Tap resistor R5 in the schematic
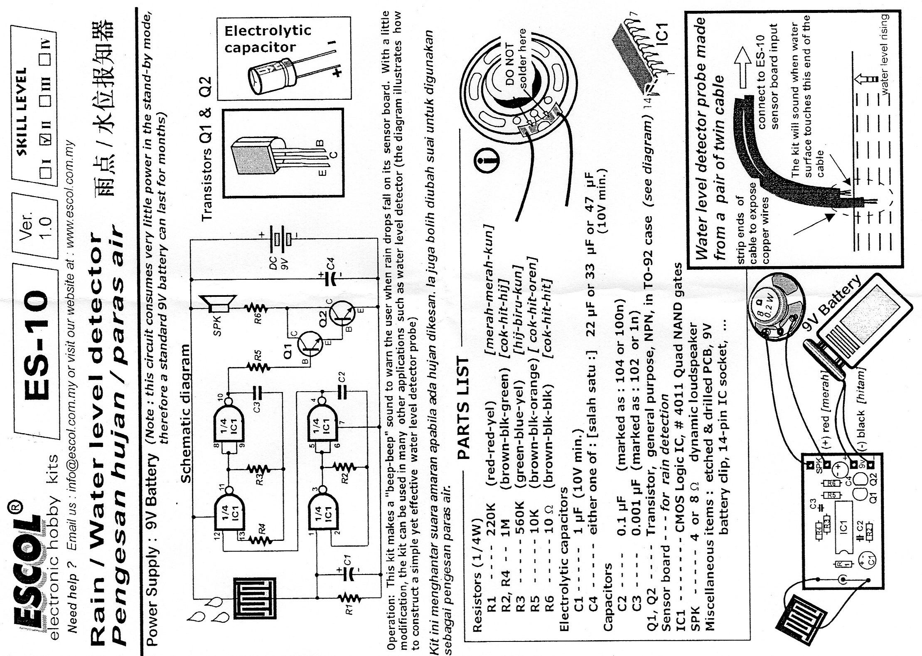258,367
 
